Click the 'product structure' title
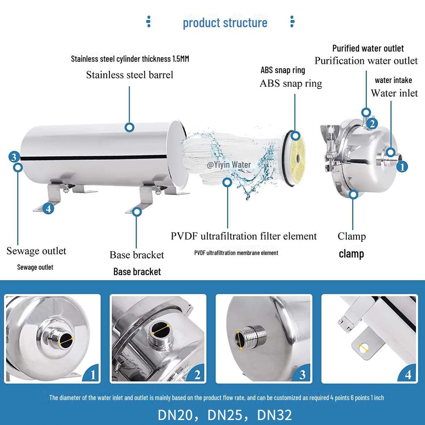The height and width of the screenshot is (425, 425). coord(225,22)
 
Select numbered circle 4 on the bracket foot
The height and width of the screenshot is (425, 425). coord(49,209)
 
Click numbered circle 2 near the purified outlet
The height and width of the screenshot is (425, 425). coord(373,123)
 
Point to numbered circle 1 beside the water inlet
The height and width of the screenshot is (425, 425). coord(402,166)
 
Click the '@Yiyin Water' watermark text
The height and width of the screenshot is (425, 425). coord(229,165)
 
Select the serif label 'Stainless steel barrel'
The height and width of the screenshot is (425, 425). coord(129,75)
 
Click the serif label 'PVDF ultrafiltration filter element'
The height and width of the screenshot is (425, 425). coord(244,237)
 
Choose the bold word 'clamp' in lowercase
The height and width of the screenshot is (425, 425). coord(351,254)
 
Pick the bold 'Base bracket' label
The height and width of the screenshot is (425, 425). coord(137,272)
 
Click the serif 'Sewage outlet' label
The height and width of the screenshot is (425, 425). coord(36,251)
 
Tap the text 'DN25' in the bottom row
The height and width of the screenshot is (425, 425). coord(225,415)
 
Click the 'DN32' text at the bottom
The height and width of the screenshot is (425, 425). coord(275,415)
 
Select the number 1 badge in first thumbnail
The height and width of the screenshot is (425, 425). coord(93,375)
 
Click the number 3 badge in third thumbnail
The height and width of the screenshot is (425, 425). coord(303,375)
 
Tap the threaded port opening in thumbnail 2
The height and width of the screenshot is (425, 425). coord(159,330)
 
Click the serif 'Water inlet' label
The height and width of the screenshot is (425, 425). coord(394,93)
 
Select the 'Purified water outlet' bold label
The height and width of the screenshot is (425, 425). coord(368,49)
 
